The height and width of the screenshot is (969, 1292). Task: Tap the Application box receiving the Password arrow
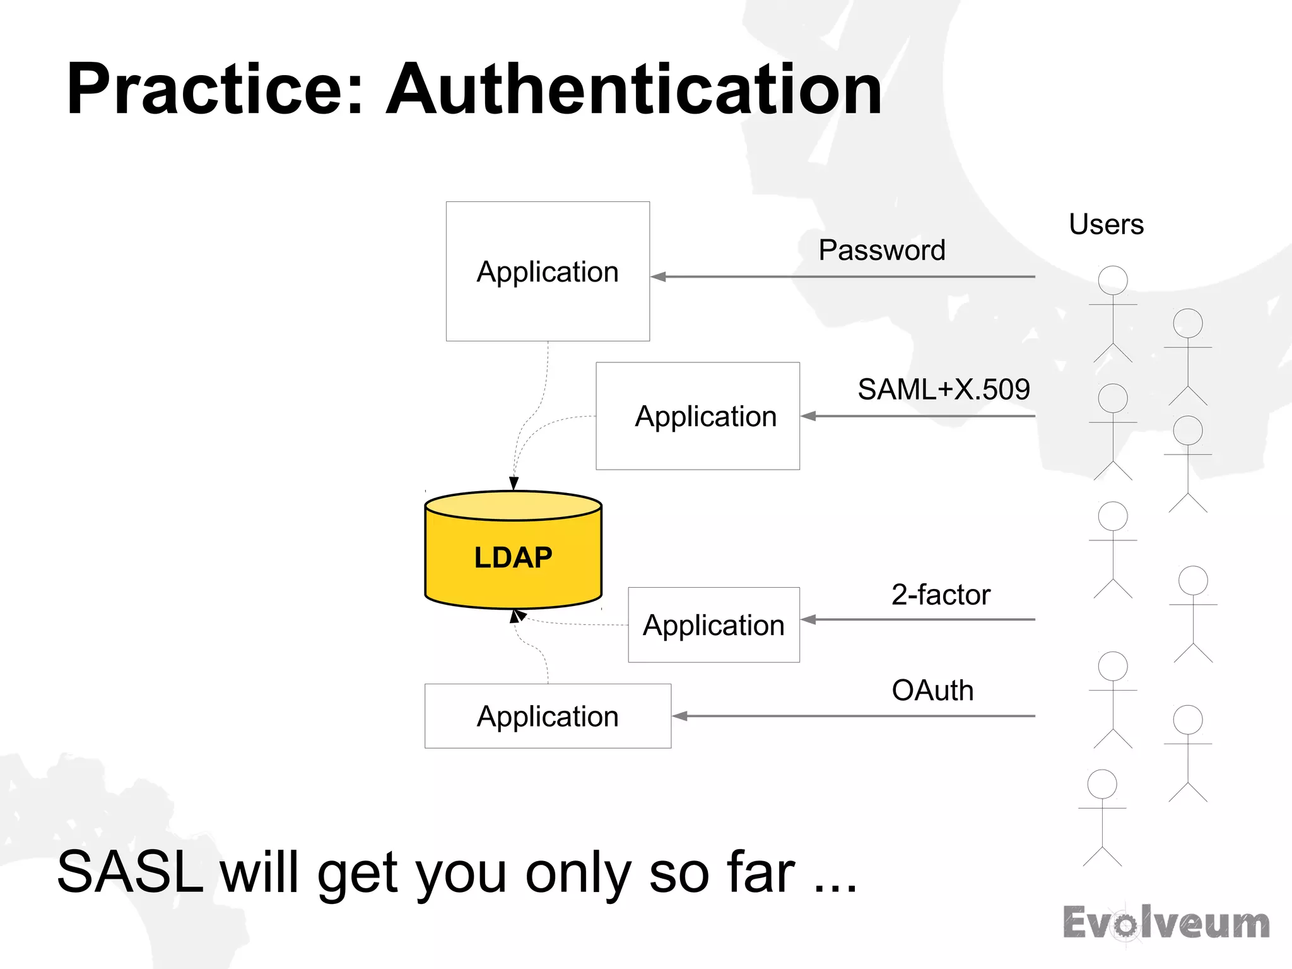(x=548, y=271)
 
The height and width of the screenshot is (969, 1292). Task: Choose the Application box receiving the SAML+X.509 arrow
(x=698, y=416)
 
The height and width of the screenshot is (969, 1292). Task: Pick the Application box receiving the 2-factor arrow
(x=714, y=625)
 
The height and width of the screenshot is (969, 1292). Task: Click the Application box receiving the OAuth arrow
(x=548, y=716)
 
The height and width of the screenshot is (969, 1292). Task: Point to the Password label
(x=881, y=250)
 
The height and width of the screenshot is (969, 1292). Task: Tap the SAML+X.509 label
(x=943, y=389)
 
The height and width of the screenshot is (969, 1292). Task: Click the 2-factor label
(x=941, y=595)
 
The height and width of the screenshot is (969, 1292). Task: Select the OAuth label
(x=932, y=690)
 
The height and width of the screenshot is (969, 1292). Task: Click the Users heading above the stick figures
(x=1106, y=224)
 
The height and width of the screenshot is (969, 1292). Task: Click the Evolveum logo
(x=1166, y=923)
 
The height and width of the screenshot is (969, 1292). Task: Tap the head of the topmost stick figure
(x=1113, y=280)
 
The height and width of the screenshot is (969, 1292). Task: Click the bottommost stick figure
(x=1102, y=817)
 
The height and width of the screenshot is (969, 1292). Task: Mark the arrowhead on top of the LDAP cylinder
(x=514, y=484)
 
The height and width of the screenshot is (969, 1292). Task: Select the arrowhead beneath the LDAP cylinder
(x=517, y=615)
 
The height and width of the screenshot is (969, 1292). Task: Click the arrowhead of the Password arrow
(x=659, y=276)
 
